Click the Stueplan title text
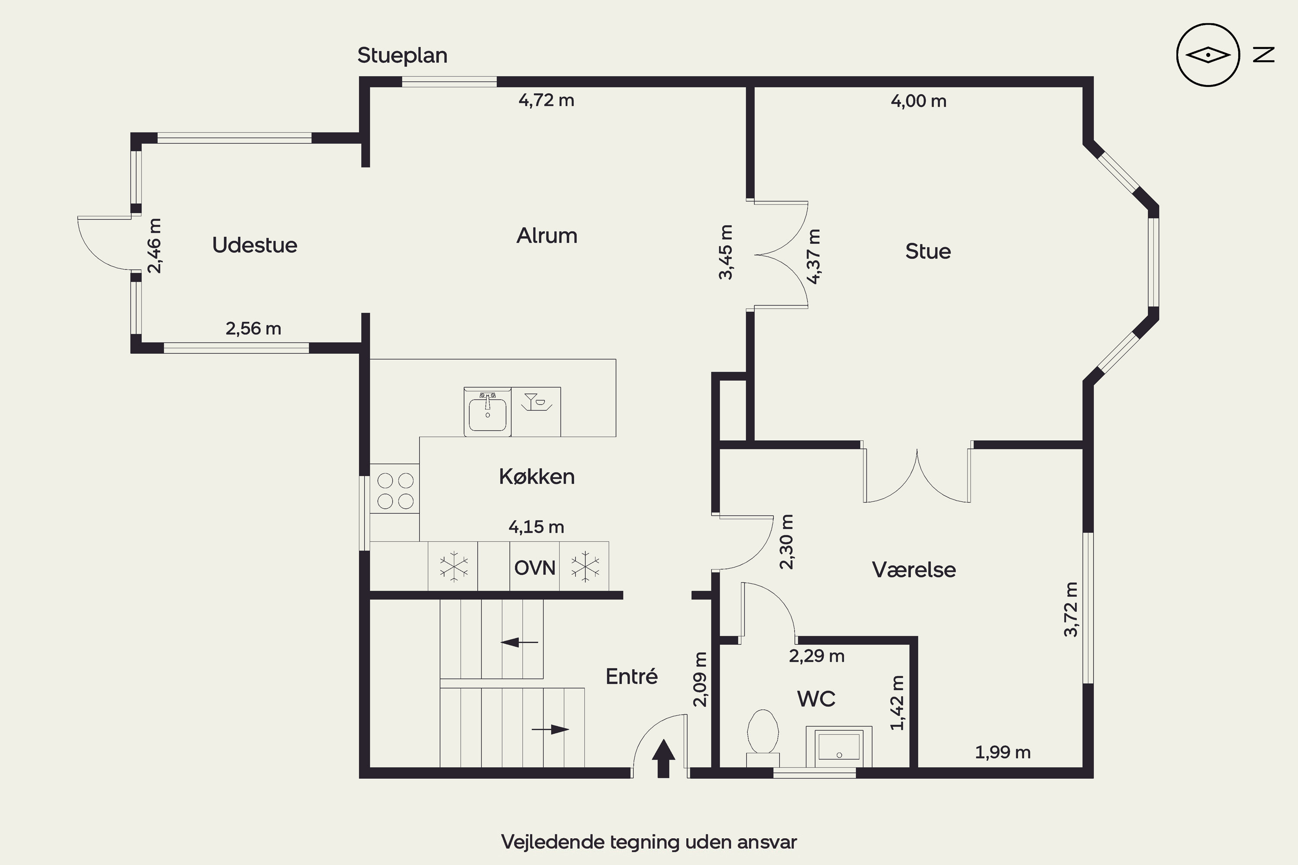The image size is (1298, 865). [x=402, y=56]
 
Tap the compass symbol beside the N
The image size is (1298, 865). [x=1208, y=55]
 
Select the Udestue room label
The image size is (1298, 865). [x=254, y=245]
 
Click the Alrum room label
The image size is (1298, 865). [x=547, y=236]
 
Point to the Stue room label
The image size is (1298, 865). [x=928, y=252]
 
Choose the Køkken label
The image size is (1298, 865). [x=537, y=477]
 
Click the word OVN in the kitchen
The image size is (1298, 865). [x=535, y=567]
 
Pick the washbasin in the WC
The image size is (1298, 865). [x=839, y=746]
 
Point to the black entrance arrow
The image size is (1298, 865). [x=663, y=759]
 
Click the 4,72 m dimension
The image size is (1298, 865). [x=546, y=100]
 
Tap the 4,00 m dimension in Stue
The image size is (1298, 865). [x=919, y=101]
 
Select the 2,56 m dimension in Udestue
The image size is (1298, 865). [x=253, y=329]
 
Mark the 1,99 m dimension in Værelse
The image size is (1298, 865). [x=1003, y=753]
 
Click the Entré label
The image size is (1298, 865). [x=631, y=676]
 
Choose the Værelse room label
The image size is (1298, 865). [x=914, y=570]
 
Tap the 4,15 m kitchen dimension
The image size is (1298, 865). [x=537, y=527]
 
